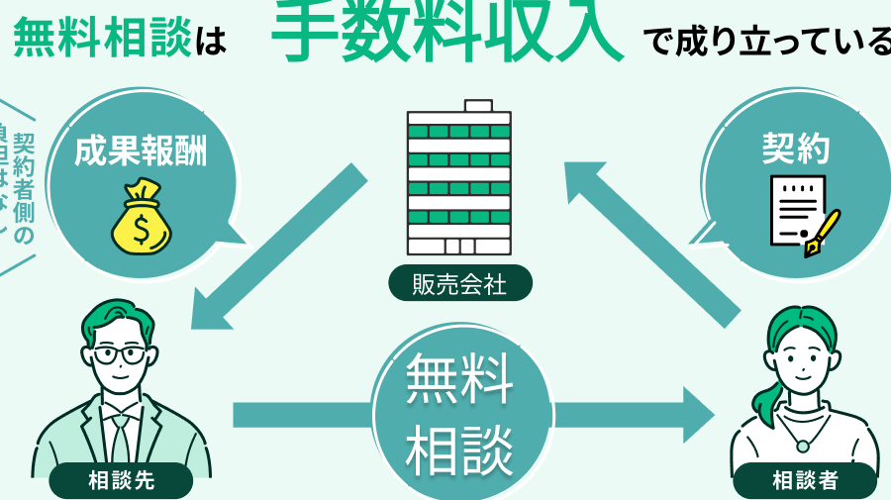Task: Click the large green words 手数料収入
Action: pos(447,32)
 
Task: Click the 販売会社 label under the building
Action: pos(459,285)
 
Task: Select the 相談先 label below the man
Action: pos(121,481)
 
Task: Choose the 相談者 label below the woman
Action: pos(805,481)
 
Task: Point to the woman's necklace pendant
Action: pos(803,447)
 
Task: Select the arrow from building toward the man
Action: pos(277,248)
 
